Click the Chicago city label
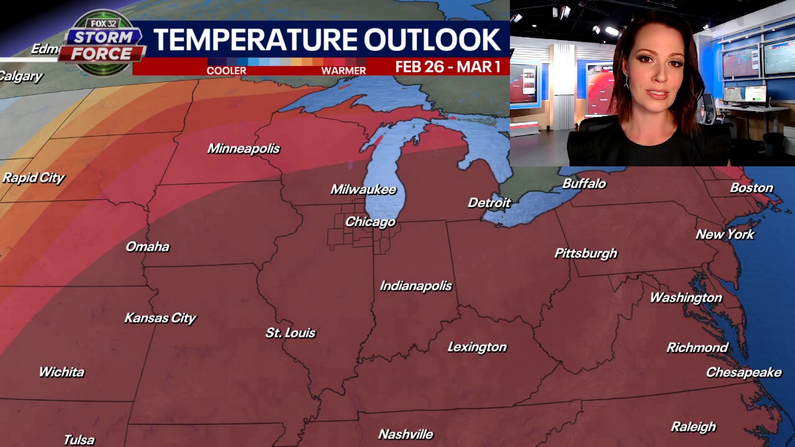[370, 222]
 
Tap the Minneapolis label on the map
[243, 148]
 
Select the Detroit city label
[489, 202]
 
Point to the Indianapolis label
[416, 286]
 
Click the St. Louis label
[291, 333]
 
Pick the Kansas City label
[160, 318]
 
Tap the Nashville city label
[406, 434]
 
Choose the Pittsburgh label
[586, 253]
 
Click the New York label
[725, 234]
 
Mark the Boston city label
[752, 187]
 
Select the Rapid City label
[34, 178]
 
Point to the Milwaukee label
[363, 189]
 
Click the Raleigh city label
[693, 427]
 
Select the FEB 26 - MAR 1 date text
[448, 67]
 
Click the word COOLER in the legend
[226, 71]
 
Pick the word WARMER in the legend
[343, 71]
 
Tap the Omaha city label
[147, 246]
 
